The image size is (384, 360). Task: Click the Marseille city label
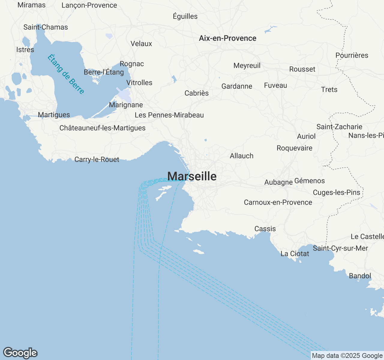pyautogui.click(x=192, y=176)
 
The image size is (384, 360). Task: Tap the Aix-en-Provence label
pyautogui.click(x=228, y=38)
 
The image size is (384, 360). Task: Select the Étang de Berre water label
pyautogui.click(x=66, y=74)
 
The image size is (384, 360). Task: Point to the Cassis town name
pyautogui.click(x=265, y=229)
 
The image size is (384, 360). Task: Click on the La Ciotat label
pyautogui.click(x=295, y=254)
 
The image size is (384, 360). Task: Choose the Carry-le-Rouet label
pyautogui.click(x=97, y=160)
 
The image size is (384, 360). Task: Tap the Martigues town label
pyautogui.click(x=54, y=115)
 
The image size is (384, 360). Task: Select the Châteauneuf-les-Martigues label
pyautogui.click(x=102, y=128)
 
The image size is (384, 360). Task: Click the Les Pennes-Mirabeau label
pyautogui.click(x=169, y=115)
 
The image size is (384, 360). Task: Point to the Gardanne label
pyautogui.click(x=237, y=86)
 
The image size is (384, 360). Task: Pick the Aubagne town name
pyautogui.click(x=278, y=182)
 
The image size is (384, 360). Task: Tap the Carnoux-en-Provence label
pyautogui.click(x=278, y=202)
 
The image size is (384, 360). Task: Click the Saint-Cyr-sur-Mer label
pyautogui.click(x=340, y=248)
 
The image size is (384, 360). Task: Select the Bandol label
pyautogui.click(x=360, y=276)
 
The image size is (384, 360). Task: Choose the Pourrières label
pyautogui.click(x=352, y=55)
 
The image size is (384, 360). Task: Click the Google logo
pyautogui.click(x=20, y=353)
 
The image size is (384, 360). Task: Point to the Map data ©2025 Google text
pyautogui.click(x=347, y=356)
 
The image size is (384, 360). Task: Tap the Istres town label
pyautogui.click(x=25, y=50)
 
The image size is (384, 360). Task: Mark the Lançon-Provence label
pyautogui.click(x=89, y=5)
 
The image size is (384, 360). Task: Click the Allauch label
pyautogui.click(x=241, y=156)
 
